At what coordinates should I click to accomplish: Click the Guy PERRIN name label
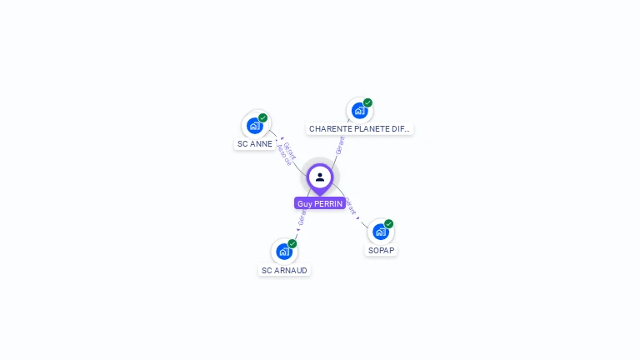click(320, 203)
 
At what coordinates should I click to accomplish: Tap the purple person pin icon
click(320, 177)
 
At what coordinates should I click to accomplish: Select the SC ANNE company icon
click(254, 126)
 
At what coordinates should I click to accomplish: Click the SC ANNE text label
click(255, 144)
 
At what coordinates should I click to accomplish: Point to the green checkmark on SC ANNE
click(263, 117)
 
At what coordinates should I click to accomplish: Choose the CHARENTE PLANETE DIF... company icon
click(359, 111)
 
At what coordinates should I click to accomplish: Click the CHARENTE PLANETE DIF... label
click(359, 129)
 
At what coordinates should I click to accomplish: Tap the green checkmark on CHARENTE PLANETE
click(367, 102)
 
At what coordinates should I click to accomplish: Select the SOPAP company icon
click(380, 232)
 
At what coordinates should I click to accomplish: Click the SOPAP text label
click(382, 250)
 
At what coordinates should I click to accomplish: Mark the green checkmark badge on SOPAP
click(389, 223)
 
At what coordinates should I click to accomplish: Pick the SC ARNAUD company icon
click(284, 252)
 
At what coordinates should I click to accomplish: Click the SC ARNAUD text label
click(284, 270)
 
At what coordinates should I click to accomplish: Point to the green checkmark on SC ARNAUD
click(292, 243)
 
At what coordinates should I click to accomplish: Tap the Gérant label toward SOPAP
click(351, 206)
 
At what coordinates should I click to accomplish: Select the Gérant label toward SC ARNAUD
click(302, 217)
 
